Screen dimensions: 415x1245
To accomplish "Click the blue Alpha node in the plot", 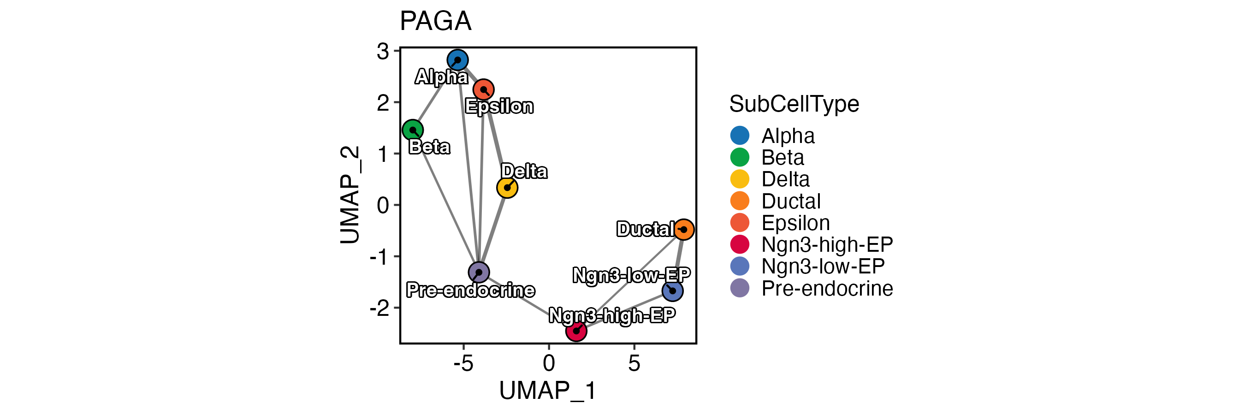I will (457, 60).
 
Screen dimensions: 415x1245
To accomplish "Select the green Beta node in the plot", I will (413, 130).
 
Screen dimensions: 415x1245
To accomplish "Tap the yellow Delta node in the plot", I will (507, 188).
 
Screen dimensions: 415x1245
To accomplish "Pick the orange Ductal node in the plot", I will (683, 230).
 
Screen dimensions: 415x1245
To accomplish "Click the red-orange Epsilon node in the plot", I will (483, 89).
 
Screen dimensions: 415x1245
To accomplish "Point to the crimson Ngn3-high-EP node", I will (576, 331).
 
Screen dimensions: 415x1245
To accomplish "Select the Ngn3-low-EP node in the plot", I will (672, 291).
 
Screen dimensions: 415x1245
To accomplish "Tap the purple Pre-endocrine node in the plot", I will (479, 273).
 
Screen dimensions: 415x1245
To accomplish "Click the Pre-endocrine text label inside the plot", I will (470, 290).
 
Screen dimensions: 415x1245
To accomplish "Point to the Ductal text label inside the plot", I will (645, 230).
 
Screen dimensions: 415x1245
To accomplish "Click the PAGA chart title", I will (435, 21).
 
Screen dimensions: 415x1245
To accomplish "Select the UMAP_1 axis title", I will (548, 391).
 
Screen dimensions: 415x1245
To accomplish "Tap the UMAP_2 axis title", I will (350, 195).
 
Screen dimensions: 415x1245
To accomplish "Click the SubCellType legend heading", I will (794, 104).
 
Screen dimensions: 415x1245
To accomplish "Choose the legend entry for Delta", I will (785, 179).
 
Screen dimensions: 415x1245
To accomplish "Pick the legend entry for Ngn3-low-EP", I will (823, 266).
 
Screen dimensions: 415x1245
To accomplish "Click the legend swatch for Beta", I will (740, 158).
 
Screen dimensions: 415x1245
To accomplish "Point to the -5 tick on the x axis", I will (463, 363).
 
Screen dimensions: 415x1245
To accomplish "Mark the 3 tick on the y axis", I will (383, 51).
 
